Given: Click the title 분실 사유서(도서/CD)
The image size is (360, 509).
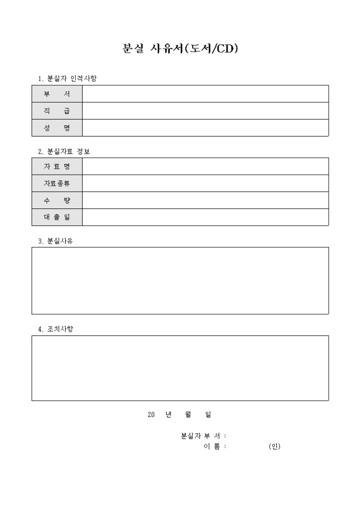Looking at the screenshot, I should [x=180, y=49].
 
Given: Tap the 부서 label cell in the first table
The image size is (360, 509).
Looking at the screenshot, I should [x=57, y=94].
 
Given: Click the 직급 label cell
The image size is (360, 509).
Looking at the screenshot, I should [x=57, y=111].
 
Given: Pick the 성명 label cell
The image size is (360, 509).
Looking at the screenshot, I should [x=57, y=128].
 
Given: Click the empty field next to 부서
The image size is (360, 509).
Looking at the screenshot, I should [x=205, y=94].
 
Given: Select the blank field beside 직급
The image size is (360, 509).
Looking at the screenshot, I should [x=205, y=111].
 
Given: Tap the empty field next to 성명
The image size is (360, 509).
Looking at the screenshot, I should [x=205, y=128].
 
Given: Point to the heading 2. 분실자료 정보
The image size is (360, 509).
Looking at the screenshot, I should [x=64, y=151].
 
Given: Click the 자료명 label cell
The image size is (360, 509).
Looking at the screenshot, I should [x=57, y=166].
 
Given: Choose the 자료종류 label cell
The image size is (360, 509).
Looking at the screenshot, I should [x=57, y=183].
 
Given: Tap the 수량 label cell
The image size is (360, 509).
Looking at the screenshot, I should [x=57, y=200].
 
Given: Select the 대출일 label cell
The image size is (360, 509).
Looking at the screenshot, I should [x=57, y=217].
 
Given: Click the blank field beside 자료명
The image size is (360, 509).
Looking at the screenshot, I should [x=205, y=166].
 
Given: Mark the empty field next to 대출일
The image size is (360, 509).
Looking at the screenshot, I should [x=205, y=217].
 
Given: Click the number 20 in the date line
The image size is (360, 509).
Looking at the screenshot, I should [x=151, y=415].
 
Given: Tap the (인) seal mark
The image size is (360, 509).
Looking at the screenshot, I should [x=274, y=446].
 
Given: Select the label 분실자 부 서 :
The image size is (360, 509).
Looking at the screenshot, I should [x=204, y=436].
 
